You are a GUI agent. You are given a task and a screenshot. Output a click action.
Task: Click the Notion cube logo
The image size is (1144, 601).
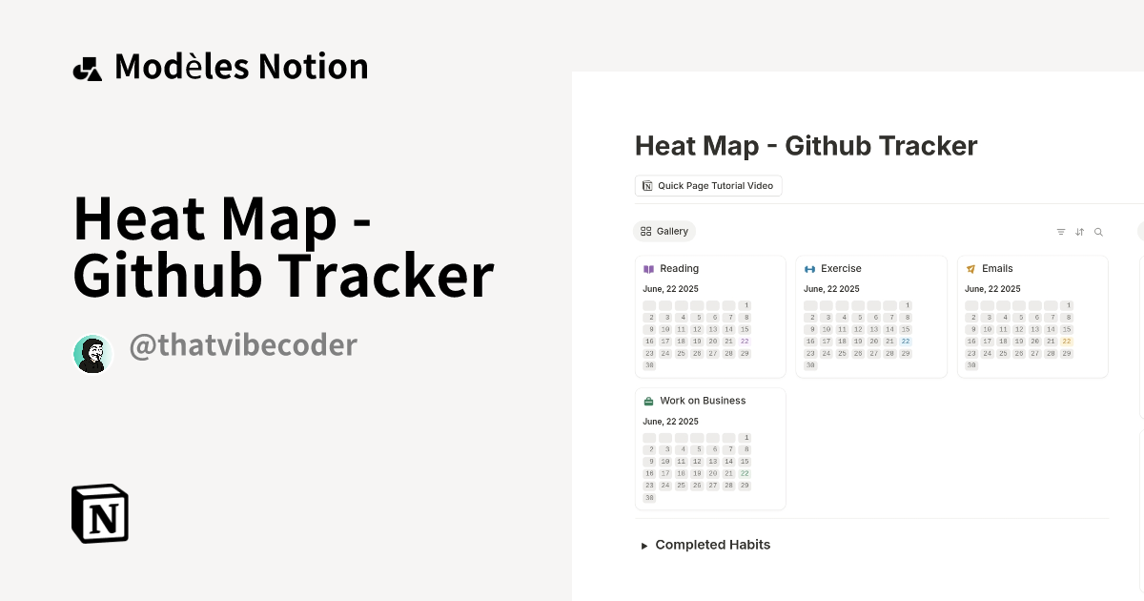coord(100,513)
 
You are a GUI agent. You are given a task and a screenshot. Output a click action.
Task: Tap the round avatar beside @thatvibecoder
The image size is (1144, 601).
coord(93,354)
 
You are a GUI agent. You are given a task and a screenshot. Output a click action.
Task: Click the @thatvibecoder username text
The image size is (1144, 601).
coord(243,345)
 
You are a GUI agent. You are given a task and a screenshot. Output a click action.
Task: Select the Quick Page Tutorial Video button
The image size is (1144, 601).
coord(708,185)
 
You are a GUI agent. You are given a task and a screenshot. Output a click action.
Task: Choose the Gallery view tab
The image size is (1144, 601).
coord(664,231)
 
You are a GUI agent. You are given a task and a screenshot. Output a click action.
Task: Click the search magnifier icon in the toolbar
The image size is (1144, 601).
coord(1098,232)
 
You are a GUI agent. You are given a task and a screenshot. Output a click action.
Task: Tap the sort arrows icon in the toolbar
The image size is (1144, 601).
coord(1080,232)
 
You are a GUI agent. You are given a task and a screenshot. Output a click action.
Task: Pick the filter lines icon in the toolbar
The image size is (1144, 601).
coord(1061,232)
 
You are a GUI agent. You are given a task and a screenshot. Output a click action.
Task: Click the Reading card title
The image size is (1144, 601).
coord(679,269)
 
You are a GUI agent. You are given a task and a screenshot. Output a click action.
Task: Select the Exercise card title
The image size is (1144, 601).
coord(841,269)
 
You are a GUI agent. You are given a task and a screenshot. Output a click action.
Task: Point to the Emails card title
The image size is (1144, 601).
coord(997,269)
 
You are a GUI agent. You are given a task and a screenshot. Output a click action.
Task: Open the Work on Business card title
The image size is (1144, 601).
coord(703,401)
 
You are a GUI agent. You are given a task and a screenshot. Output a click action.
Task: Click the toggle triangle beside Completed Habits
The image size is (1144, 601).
coord(644,546)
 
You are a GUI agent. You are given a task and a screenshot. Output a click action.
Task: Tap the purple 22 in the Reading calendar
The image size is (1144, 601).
coord(745,341)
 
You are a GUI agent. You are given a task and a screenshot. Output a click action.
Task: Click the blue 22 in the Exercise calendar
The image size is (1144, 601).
coord(906,341)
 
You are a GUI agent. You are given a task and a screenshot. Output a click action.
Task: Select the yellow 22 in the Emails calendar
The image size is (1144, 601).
coord(1067,341)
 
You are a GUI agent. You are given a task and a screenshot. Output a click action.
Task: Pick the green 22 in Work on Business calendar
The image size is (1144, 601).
coord(745,473)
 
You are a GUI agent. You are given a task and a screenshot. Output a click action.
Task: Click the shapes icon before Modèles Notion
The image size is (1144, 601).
coord(88,68)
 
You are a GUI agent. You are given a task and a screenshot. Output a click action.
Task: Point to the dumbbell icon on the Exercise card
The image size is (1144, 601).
coord(810,269)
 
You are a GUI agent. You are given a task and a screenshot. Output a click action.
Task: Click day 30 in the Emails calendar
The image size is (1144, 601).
coord(971,365)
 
